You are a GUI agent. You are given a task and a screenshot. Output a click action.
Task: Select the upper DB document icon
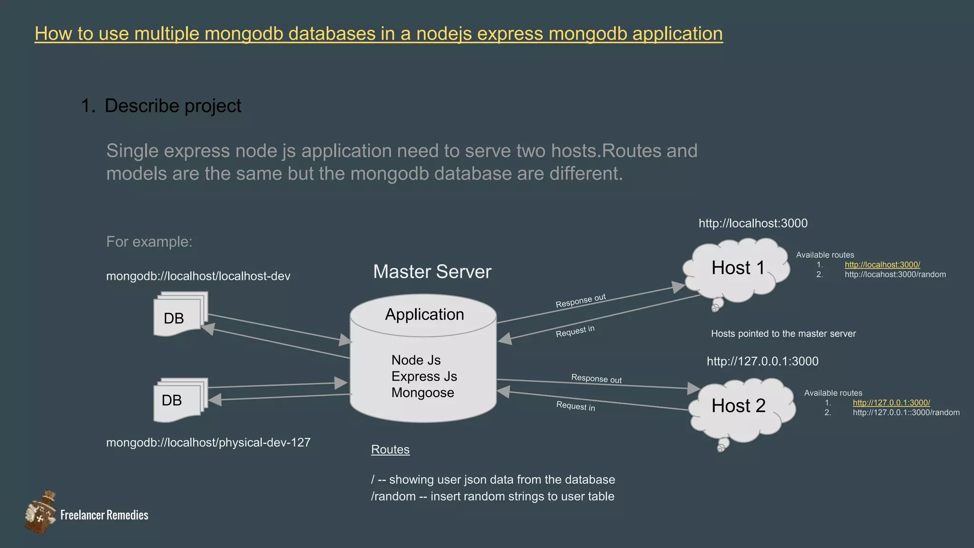[179, 317]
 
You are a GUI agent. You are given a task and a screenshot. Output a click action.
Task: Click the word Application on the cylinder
[424, 314]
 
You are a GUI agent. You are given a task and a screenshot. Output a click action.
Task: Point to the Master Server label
[432, 272]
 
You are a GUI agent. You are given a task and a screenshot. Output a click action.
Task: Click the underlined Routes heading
[390, 450]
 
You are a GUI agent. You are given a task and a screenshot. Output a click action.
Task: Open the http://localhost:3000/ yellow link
[882, 265]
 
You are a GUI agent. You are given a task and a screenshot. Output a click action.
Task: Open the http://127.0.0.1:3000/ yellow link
[891, 403]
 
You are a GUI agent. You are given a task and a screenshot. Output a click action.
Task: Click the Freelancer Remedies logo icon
[40, 513]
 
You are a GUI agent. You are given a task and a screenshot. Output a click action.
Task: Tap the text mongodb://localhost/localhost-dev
[198, 276]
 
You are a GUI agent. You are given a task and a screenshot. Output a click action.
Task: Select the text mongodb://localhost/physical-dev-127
[208, 443]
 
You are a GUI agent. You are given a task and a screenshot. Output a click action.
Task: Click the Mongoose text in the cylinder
[422, 393]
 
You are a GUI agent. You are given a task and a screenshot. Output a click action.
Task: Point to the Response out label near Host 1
[580, 301]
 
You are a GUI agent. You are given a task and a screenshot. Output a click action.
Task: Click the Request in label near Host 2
[575, 406]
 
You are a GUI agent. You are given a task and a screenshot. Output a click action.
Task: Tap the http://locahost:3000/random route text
[895, 274]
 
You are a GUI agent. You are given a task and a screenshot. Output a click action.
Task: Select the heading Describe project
[173, 106]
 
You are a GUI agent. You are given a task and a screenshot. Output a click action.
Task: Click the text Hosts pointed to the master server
[783, 334]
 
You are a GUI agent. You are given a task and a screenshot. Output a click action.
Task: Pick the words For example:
[149, 242]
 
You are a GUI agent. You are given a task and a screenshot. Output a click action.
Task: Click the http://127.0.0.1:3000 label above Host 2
[762, 362]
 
